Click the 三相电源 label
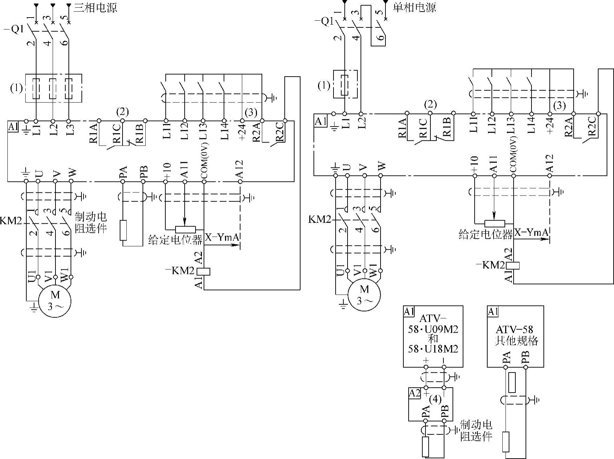pos(95,8)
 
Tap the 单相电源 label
pos(414,7)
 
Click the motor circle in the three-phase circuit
pos(55,301)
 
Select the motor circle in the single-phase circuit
pos(364,295)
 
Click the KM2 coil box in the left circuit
pos(204,271)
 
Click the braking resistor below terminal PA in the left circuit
pos(123,230)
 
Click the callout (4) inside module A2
pos(435,399)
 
